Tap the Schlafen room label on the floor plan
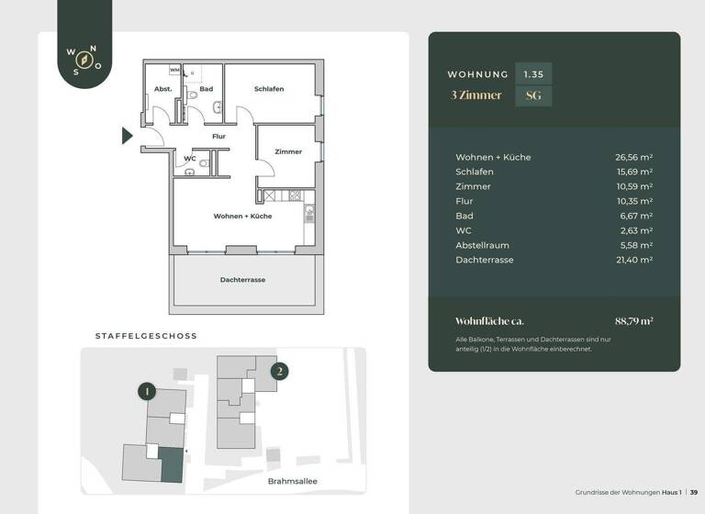(269, 89)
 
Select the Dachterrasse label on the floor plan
(242, 280)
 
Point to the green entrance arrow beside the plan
(128, 136)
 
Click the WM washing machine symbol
(174, 70)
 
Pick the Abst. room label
(163, 89)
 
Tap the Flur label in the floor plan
(218, 137)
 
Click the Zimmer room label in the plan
(288, 151)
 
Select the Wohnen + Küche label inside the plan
(242, 216)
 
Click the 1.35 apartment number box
(533, 73)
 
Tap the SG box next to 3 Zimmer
(533, 95)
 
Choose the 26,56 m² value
(633, 157)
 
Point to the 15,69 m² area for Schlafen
(633, 172)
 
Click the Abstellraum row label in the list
(483, 245)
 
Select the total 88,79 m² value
(633, 321)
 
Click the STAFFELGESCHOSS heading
(146, 336)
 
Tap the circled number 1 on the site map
(146, 391)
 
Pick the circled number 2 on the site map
(279, 372)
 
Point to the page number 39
(694, 493)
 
